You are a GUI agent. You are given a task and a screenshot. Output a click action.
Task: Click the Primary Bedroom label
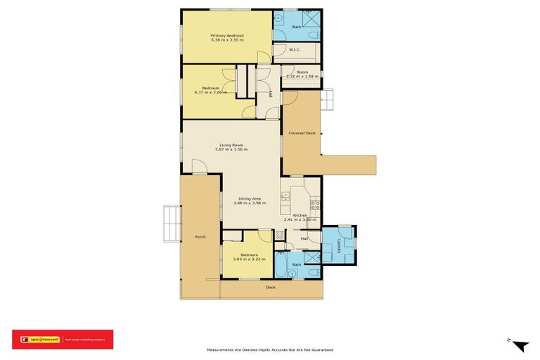(226, 34)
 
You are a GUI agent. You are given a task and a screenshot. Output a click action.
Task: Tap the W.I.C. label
(296, 50)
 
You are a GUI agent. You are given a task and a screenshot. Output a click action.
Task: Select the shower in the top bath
(309, 18)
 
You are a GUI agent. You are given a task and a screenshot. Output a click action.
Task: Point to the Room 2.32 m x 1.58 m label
(302, 74)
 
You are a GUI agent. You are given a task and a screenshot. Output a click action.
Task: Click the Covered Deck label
(301, 133)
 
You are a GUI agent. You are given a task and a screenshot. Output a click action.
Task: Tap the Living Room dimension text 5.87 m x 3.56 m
(232, 150)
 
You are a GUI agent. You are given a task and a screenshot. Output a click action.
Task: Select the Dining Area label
(250, 198)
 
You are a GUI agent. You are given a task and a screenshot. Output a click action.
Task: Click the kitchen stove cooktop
(316, 206)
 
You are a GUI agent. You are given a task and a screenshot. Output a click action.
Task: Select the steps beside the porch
(172, 223)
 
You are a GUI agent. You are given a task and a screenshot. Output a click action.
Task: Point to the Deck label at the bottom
(271, 288)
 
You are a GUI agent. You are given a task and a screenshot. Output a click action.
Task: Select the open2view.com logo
(40, 340)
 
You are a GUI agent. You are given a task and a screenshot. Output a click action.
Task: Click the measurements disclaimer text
(269, 349)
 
